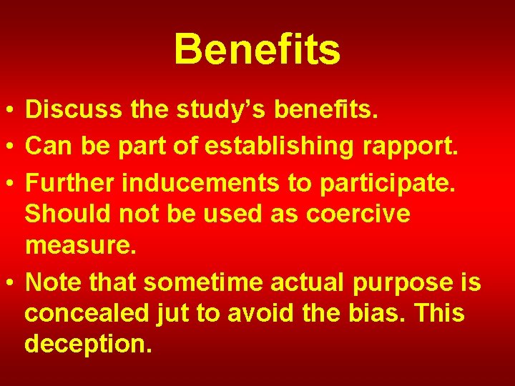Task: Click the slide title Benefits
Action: pos(257,49)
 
